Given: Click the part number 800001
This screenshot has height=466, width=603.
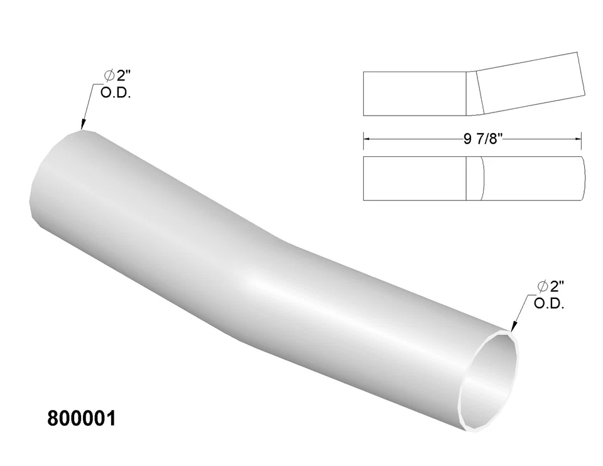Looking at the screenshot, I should point(81,419).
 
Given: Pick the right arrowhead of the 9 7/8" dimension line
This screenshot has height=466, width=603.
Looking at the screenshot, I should point(580,139).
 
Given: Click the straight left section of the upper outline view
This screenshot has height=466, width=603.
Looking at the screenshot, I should point(415,94).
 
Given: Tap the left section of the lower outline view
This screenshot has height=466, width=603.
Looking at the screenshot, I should point(415,178).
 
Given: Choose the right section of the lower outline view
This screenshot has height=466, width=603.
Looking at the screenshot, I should point(534,178).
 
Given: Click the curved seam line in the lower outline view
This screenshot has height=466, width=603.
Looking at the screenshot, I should point(482,178).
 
